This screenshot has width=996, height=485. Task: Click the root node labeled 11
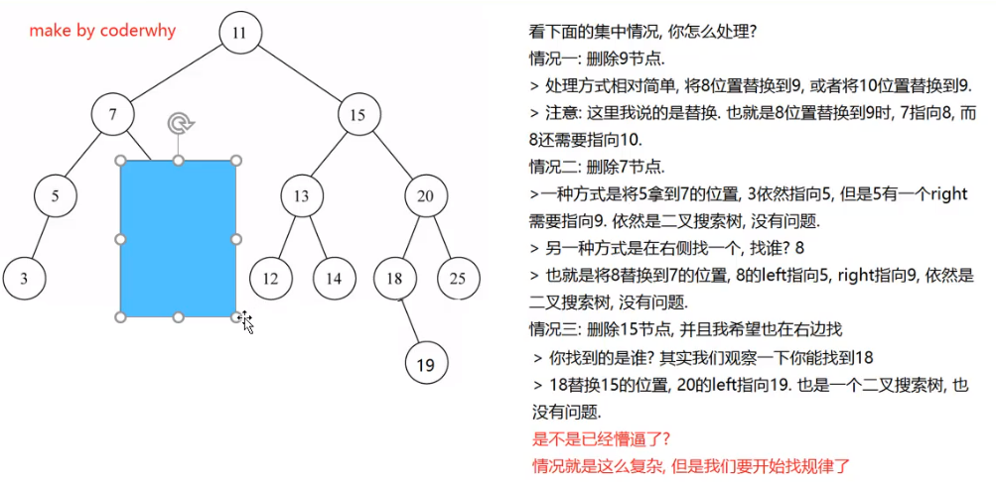(x=239, y=32)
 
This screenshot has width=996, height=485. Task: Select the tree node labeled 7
(x=113, y=115)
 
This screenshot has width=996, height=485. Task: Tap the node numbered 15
(x=357, y=115)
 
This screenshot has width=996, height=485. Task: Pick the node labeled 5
(x=56, y=195)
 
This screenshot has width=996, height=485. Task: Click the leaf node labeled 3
(x=24, y=279)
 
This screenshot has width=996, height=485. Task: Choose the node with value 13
(x=301, y=195)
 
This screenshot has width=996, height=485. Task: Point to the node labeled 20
(x=425, y=195)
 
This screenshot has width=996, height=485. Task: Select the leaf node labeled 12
(x=270, y=279)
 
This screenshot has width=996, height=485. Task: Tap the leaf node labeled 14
(x=334, y=279)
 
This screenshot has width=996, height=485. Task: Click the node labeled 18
(x=395, y=279)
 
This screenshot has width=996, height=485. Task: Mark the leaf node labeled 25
(x=457, y=279)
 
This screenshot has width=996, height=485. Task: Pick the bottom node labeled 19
(x=426, y=364)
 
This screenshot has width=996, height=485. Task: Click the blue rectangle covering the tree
(x=178, y=239)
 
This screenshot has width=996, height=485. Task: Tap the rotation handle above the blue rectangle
(x=179, y=123)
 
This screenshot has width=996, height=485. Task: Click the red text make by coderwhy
(x=102, y=31)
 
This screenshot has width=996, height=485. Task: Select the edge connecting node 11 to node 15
(x=299, y=73)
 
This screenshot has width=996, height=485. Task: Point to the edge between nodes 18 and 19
(x=410, y=320)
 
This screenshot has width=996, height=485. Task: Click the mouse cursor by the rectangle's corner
(x=245, y=321)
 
